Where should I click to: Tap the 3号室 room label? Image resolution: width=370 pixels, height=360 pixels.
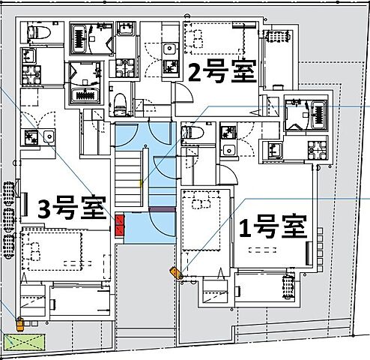point(71,208)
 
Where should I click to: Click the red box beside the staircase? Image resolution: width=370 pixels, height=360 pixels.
point(120,223)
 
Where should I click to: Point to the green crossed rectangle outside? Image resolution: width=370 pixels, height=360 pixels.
point(24,341)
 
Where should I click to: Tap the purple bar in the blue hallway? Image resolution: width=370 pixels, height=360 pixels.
point(161,209)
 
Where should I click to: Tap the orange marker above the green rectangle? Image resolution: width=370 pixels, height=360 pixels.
point(20,324)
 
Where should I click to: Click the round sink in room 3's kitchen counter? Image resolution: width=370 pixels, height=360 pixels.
point(49,136)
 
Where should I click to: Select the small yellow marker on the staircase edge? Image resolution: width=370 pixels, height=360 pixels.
point(141,182)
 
